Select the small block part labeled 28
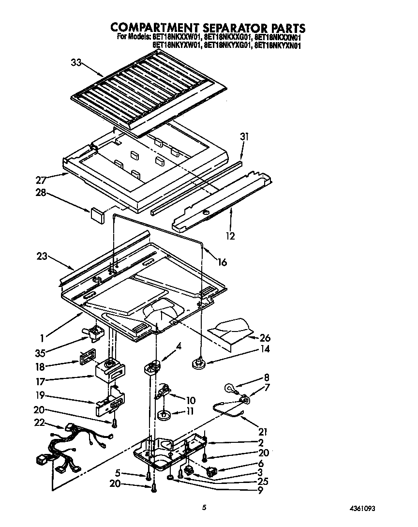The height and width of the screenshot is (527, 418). coord(97,214)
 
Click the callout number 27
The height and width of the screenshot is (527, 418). coord(42,180)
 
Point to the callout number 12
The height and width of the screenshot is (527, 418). coord(230,236)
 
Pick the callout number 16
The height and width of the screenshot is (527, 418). coord(222,262)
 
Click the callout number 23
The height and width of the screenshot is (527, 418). coord(42,256)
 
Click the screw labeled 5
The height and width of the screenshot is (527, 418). coord(147,478)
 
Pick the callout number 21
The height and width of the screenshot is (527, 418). coord(263,432)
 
